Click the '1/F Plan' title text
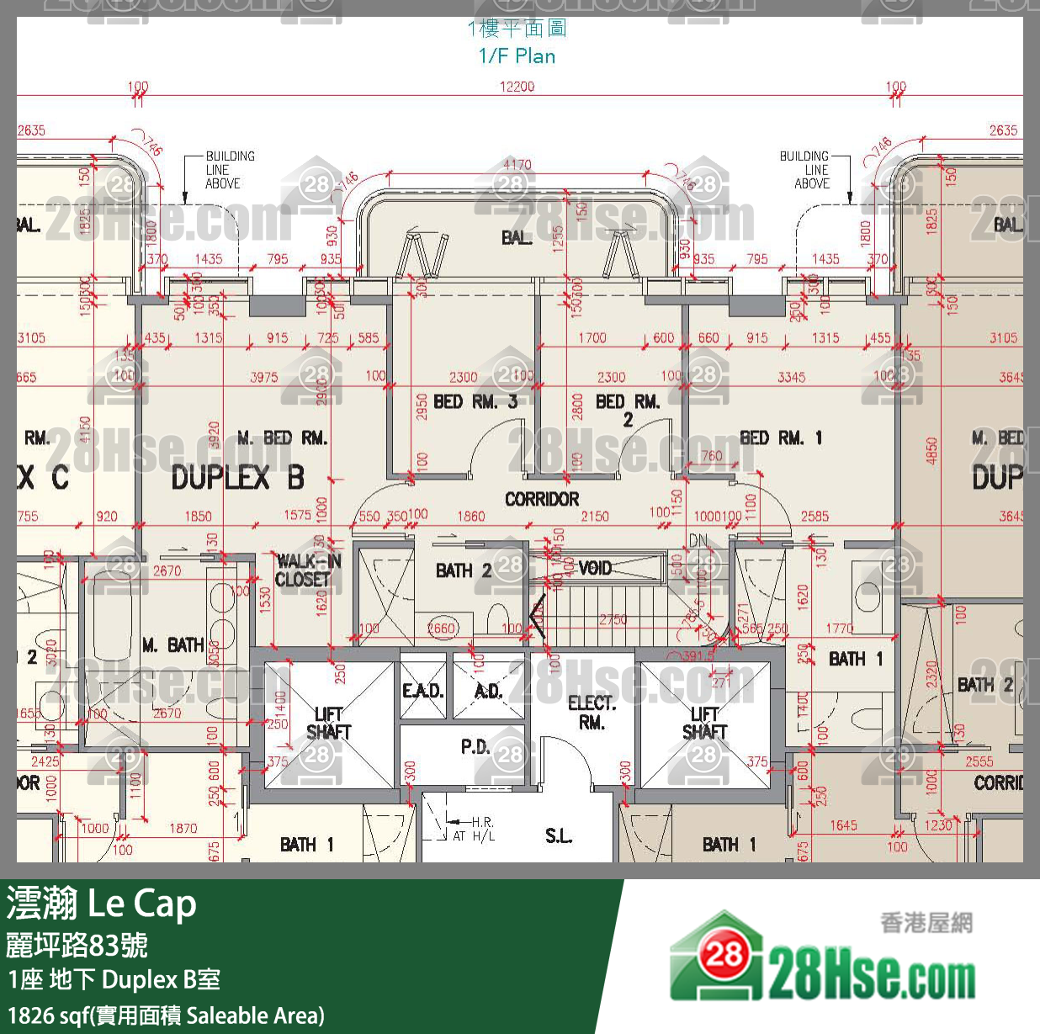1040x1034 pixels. pos(517,56)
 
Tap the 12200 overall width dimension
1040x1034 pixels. pos(517,87)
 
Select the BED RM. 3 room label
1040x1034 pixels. pos(475,402)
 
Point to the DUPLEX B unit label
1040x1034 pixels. pos(237,478)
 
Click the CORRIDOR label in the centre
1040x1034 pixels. pos(542,499)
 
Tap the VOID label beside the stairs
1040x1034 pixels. pos(595,568)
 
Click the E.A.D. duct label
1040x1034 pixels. pos(422,692)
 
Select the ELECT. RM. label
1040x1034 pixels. pos(592,712)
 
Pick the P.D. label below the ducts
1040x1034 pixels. pos(475,746)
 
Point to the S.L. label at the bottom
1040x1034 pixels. pos(559,835)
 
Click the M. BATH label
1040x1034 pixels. pos(173,645)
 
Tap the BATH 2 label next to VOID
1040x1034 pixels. pos(464,570)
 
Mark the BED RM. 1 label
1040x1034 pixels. pos(781,437)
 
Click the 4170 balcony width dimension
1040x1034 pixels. pos(517,164)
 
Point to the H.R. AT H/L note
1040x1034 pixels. pos(475,829)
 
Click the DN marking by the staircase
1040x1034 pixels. pos(698,540)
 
